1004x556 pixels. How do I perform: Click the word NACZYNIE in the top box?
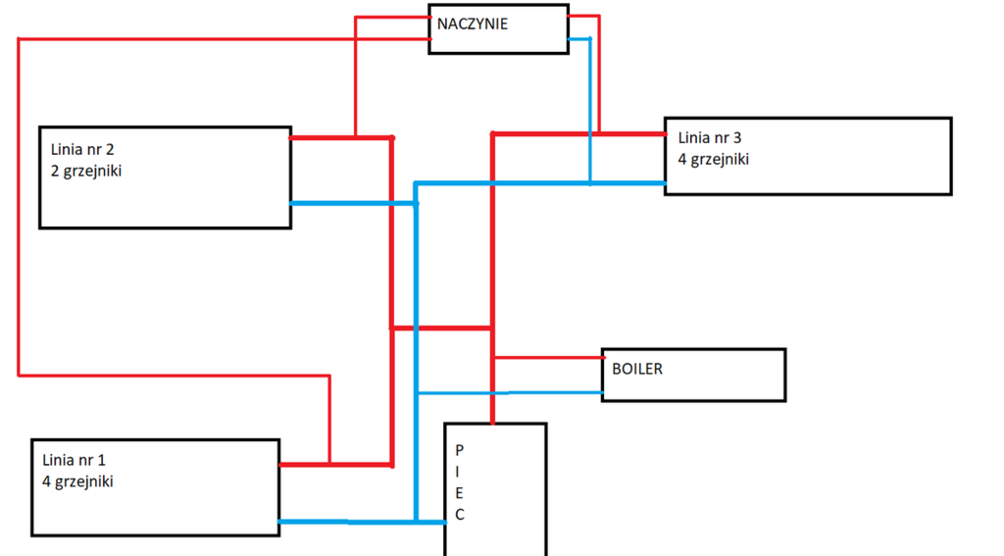[x=473, y=24]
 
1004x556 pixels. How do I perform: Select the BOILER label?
[x=637, y=370]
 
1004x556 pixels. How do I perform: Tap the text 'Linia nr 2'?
[x=82, y=150]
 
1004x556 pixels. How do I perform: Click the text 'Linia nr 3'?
[x=712, y=138]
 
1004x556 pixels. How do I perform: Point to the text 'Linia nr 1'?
[x=75, y=460]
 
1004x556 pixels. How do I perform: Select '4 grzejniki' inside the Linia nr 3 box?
[x=714, y=159]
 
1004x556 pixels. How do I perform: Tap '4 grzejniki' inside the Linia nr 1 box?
[x=78, y=481]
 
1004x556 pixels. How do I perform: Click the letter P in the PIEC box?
[x=459, y=449]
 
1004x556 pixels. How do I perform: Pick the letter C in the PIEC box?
[x=459, y=515]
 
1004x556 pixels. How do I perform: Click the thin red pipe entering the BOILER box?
[x=549, y=358]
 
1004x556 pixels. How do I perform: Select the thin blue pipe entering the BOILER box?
[x=510, y=393]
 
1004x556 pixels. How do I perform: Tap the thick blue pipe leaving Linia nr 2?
[x=353, y=203]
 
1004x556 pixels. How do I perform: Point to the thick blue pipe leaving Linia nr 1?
[x=343, y=522]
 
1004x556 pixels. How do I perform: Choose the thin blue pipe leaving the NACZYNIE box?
[x=589, y=108]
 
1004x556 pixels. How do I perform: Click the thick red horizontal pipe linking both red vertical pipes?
[x=441, y=328]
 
